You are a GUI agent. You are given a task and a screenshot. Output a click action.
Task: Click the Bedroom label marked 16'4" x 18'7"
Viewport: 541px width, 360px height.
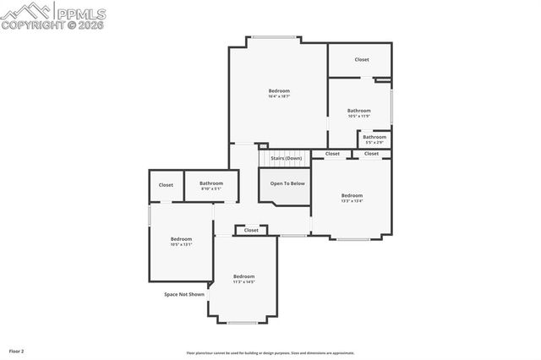[x=279, y=93]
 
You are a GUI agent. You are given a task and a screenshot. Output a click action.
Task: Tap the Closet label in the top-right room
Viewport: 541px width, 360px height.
[x=362, y=59]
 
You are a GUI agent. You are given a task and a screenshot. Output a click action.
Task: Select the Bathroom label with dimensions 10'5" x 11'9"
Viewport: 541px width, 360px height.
[x=358, y=112]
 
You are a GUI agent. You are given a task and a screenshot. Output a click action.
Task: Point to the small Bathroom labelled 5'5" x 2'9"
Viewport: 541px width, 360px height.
[x=374, y=139]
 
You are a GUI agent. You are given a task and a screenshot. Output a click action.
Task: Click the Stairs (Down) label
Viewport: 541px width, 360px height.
[x=286, y=158]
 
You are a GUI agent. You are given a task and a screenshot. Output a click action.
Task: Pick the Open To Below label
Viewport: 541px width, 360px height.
[x=287, y=183]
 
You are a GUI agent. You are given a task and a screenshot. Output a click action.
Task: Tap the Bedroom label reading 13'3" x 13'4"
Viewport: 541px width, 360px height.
[x=352, y=198]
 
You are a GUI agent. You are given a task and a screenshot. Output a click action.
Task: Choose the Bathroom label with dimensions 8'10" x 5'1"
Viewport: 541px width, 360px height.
[x=211, y=185]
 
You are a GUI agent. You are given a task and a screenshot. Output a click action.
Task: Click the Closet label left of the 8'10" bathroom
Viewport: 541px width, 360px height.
[x=166, y=185]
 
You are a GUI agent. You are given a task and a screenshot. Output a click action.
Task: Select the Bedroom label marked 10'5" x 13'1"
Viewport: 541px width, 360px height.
[x=181, y=241]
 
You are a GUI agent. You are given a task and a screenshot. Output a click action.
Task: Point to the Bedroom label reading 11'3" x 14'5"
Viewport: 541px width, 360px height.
[x=243, y=279]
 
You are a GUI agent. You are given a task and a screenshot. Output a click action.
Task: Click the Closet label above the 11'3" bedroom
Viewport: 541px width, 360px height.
[x=251, y=230]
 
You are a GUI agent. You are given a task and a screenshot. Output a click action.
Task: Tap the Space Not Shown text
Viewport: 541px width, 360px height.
[x=184, y=294]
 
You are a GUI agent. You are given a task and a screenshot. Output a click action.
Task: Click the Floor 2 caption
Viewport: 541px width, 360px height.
[x=17, y=350]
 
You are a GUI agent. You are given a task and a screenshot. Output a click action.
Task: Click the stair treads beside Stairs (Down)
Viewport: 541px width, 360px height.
[x=263, y=158]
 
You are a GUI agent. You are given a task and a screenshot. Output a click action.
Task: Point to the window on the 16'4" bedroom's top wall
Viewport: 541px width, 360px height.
[x=276, y=37]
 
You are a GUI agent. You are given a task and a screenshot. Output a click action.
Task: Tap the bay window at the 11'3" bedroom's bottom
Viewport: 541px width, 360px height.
[x=243, y=323]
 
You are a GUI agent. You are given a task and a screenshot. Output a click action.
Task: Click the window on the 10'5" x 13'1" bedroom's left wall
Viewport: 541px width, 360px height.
[x=150, y=216]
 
